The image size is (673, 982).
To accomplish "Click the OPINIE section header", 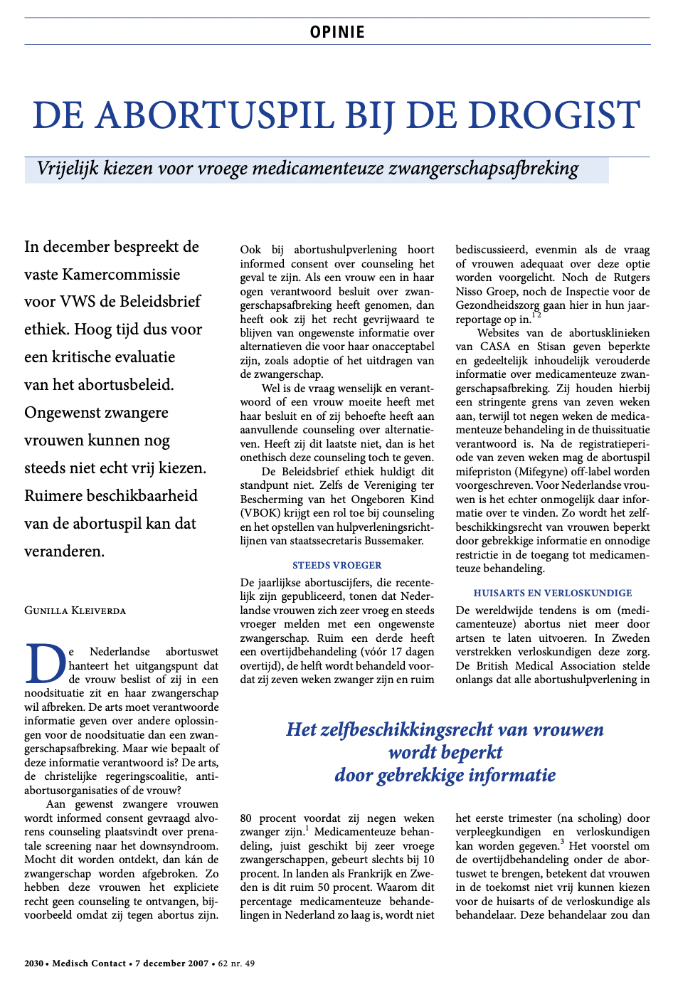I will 337,32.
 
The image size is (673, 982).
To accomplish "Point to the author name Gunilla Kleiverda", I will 75,611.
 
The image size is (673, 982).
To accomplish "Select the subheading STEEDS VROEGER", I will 336,565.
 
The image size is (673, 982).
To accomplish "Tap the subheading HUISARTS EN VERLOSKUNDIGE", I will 553,593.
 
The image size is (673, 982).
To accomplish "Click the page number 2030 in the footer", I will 33,963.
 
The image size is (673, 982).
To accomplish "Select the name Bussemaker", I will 395,541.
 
